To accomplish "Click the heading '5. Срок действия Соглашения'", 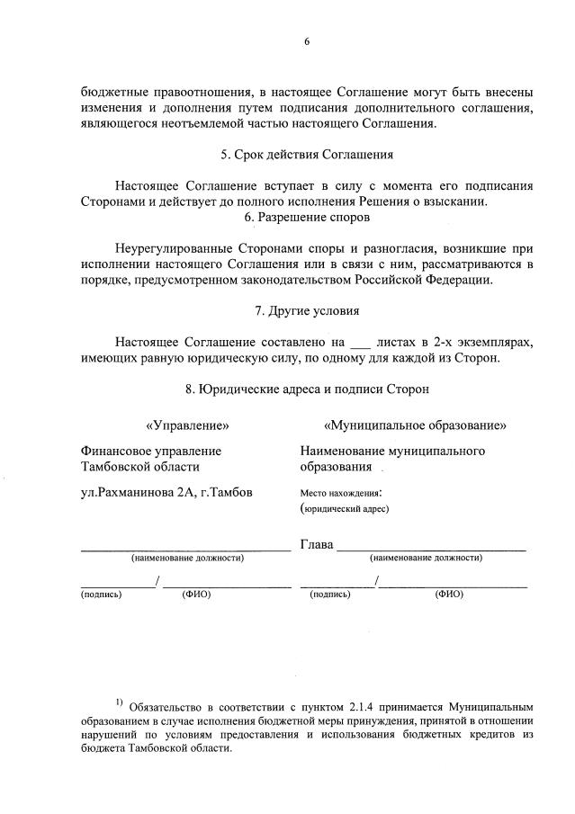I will point(308,155).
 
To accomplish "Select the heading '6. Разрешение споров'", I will point(308,217).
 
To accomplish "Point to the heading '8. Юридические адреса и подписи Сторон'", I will point(308,389).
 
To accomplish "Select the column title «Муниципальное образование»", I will point(416,425).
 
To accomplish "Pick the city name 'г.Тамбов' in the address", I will point(226,492).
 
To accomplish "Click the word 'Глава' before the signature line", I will point(317,544).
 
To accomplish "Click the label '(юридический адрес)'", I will point(345,509).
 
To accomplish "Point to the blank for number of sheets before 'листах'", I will point(358,342).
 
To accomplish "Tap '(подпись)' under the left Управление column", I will point(102,595).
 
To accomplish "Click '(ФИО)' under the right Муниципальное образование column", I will point(449,595).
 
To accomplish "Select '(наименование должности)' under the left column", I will point(187,559).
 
